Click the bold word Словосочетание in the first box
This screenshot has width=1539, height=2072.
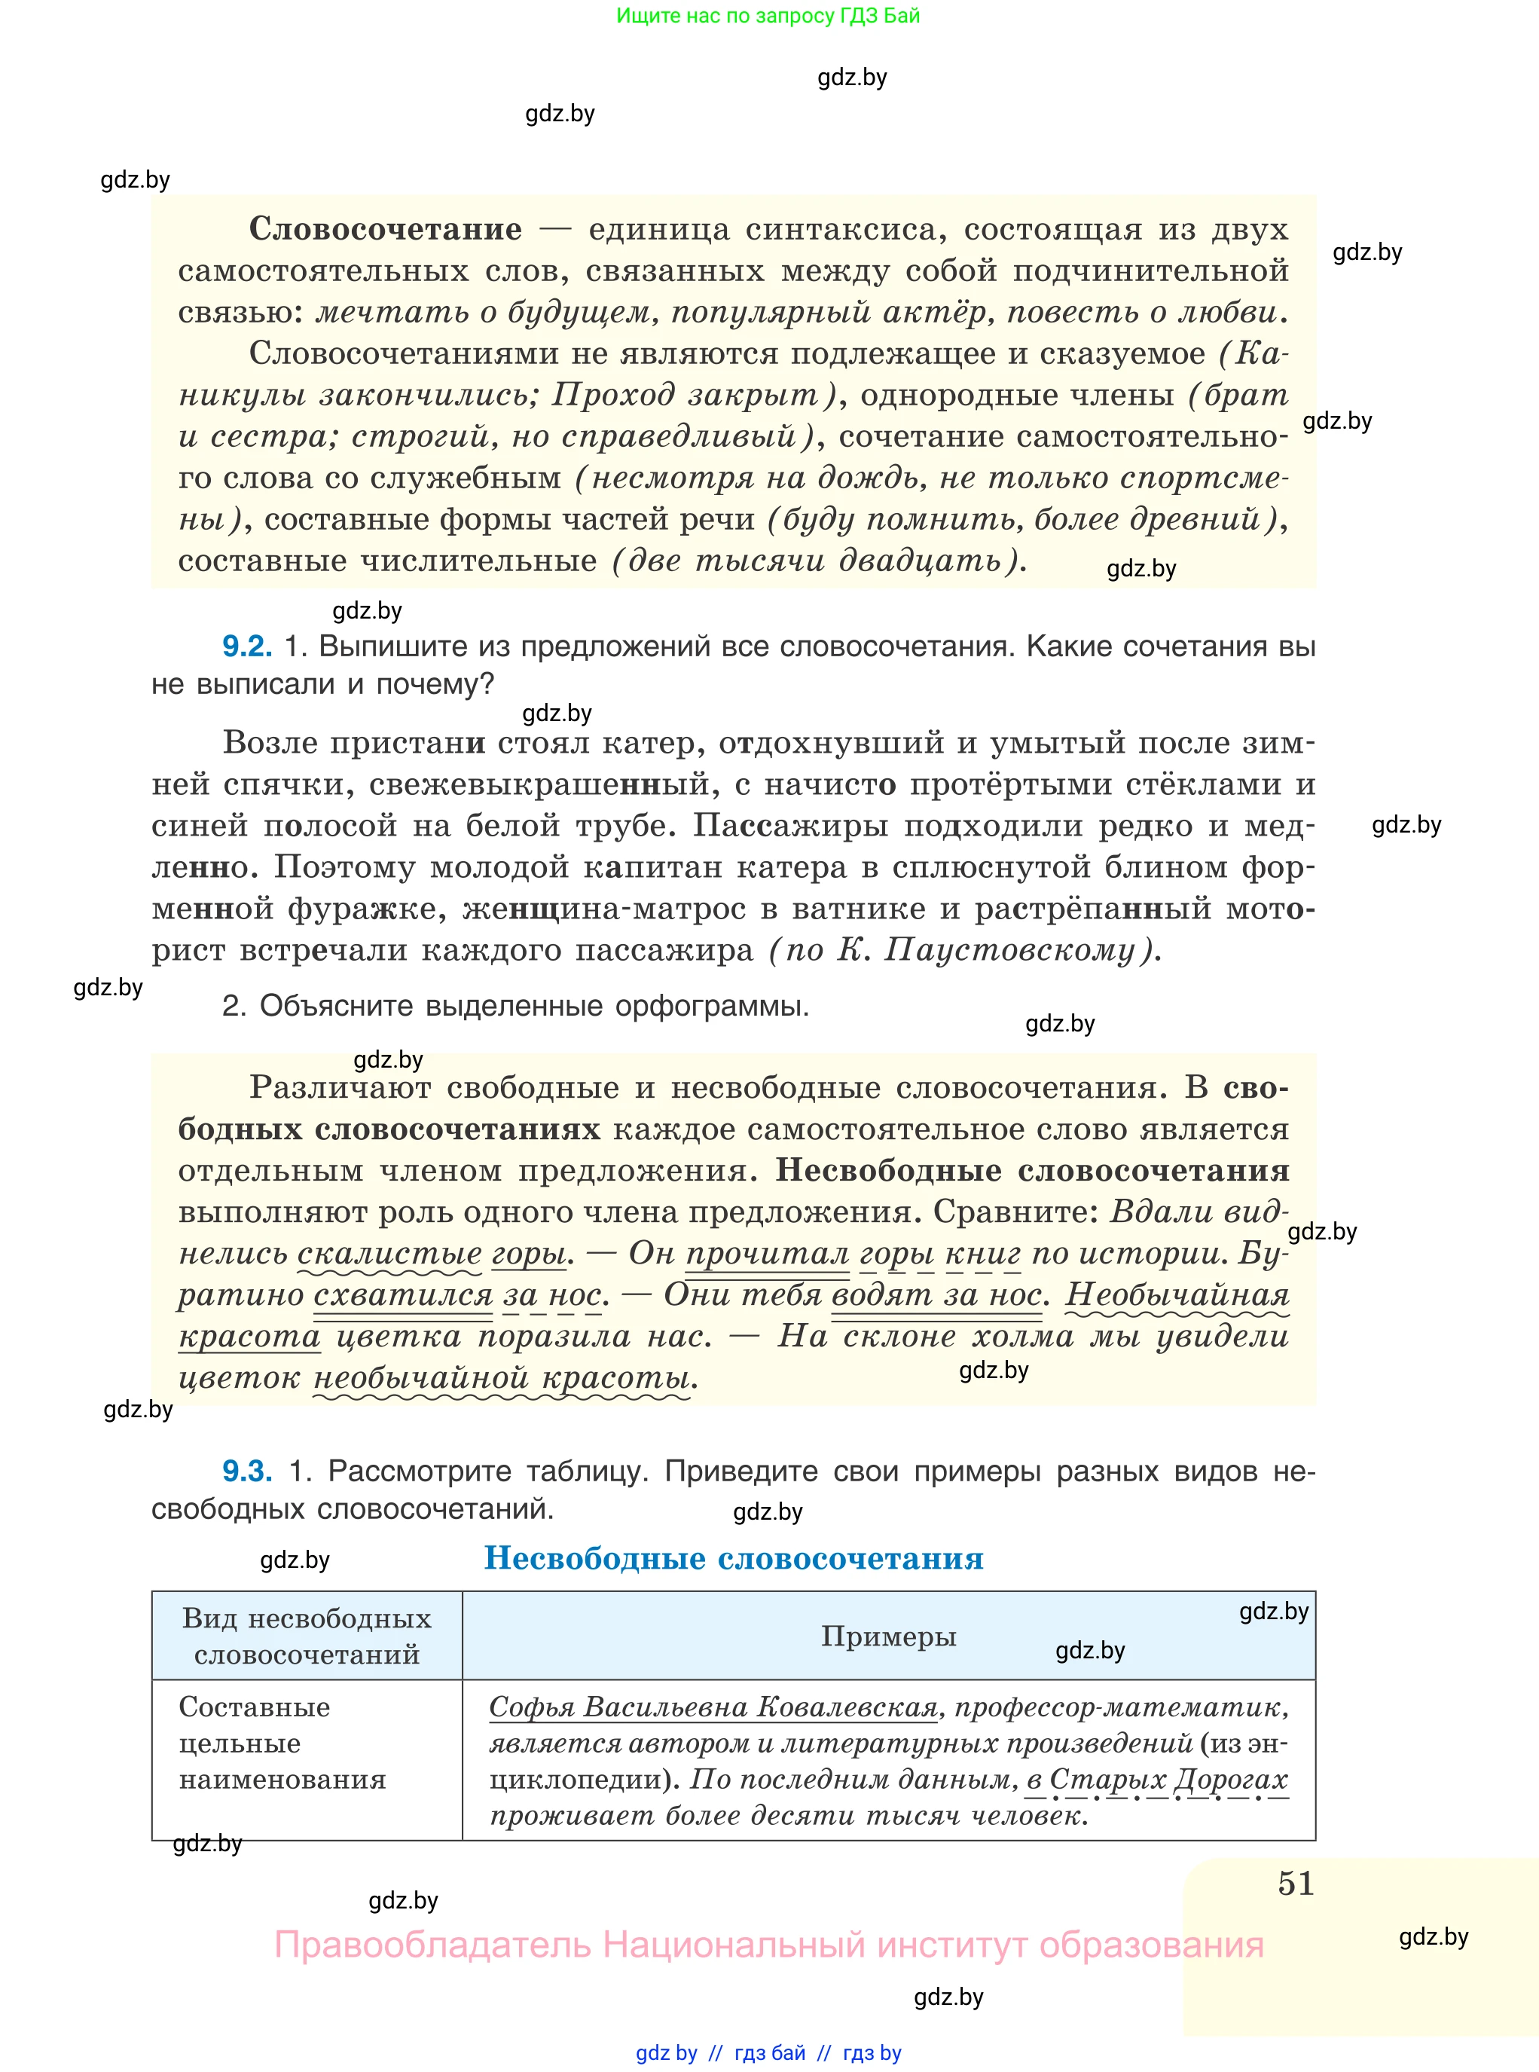[x=385, y=228]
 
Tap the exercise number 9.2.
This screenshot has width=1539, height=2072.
[x=246, y=646]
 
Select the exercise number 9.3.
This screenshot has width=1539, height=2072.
[x=246, y=1470]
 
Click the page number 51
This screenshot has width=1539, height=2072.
[x=1295, y=1883]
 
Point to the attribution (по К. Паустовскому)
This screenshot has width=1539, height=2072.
[x=964, y=950]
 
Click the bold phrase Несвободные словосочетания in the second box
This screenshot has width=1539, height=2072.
[x=1032, y=1170]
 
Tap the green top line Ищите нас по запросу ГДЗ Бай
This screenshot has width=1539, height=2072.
[x=768, y=16]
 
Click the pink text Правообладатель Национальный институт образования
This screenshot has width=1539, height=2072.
[x=768, y=1945]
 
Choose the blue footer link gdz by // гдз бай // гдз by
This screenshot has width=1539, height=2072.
[x=768, y=2052]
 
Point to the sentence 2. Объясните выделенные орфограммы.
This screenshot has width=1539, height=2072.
[x=515, y=1006]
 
